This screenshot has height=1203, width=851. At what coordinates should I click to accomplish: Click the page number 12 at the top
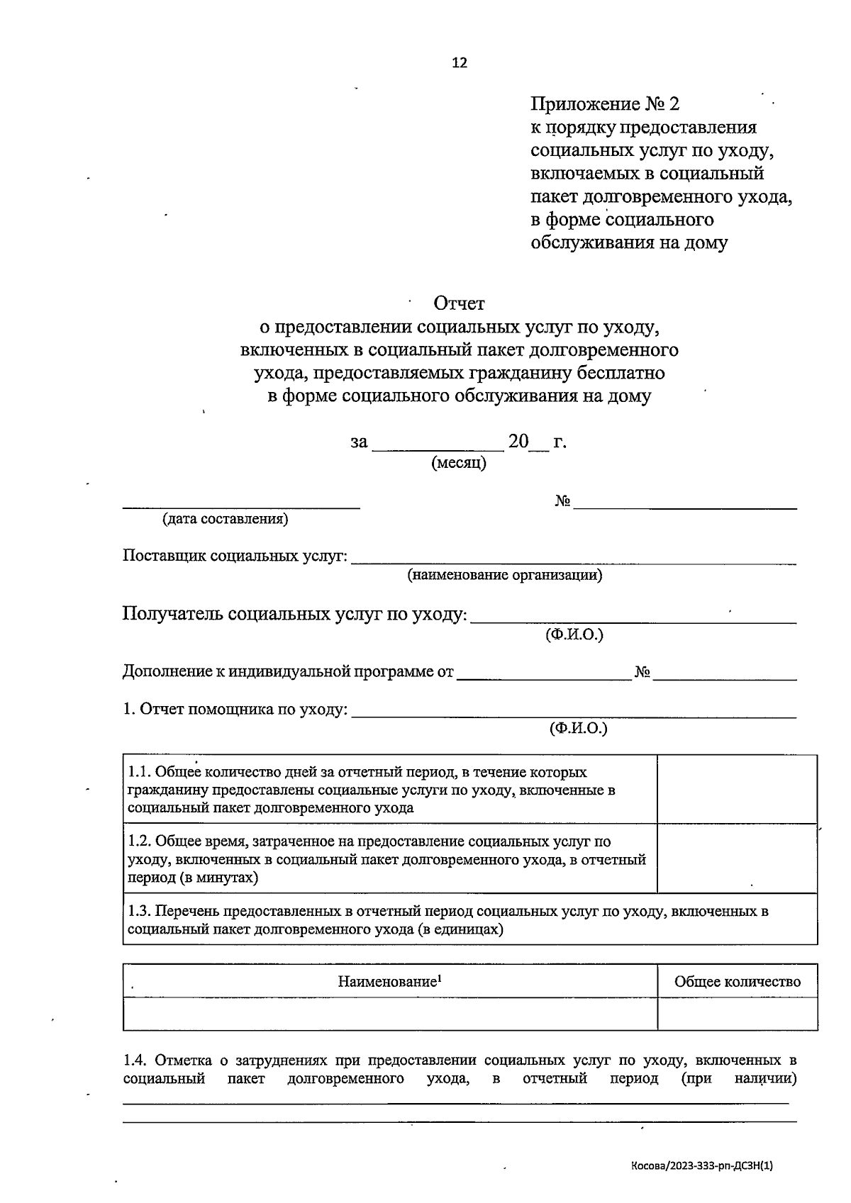[460, 62]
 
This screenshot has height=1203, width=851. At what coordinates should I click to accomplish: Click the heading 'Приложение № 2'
[605, 104]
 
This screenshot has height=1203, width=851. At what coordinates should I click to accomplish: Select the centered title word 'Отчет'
[460, 303]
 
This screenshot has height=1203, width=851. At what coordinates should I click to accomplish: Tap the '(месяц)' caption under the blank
[459, 464]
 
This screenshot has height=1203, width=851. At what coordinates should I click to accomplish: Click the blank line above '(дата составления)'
[241, 506]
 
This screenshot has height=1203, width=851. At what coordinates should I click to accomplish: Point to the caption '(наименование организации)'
[504, 575]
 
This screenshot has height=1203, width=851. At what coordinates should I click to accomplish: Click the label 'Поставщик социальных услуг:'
[235, 556]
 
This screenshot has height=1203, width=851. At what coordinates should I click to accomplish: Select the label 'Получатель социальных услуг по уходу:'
[295, 614]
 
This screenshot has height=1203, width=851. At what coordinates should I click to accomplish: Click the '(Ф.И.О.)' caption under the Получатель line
[574, 634]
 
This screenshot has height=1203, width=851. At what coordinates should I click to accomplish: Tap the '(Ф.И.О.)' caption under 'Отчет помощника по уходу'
[579, 728]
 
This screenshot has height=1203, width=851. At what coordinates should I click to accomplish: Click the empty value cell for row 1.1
[737, 789]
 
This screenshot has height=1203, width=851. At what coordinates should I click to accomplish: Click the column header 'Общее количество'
[737, 982]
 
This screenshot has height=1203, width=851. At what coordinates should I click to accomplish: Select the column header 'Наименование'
[389, 982]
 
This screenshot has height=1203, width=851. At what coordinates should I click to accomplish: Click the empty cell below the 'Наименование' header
[389, 1014]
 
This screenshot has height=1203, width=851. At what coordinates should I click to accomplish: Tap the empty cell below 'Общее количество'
[737, 1014]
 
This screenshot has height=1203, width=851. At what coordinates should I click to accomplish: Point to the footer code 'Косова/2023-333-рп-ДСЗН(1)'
[701, 1165]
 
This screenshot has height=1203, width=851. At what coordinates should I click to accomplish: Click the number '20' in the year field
[518, 442]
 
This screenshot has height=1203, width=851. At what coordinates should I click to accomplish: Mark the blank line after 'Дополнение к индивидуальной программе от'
[544, 678]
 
